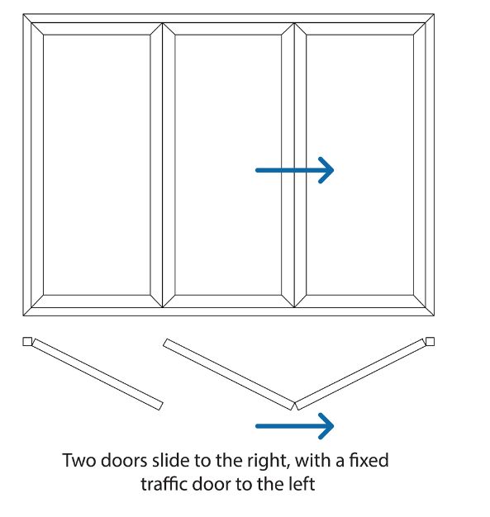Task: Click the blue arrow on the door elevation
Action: (295, 170)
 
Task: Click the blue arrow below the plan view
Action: (295, 426)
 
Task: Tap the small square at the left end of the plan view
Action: (27, 341)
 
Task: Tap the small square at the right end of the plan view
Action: (430, 341)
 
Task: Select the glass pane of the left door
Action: (97, 165)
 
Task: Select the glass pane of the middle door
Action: (228, 165)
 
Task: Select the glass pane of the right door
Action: (359, 165)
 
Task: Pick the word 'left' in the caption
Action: (302, 484)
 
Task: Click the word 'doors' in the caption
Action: (124, 460)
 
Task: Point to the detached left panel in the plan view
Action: (98, 374)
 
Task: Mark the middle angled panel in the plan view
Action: (229, 374)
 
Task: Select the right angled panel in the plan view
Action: (360, 374)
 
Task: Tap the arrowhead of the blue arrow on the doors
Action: (326, 170)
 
